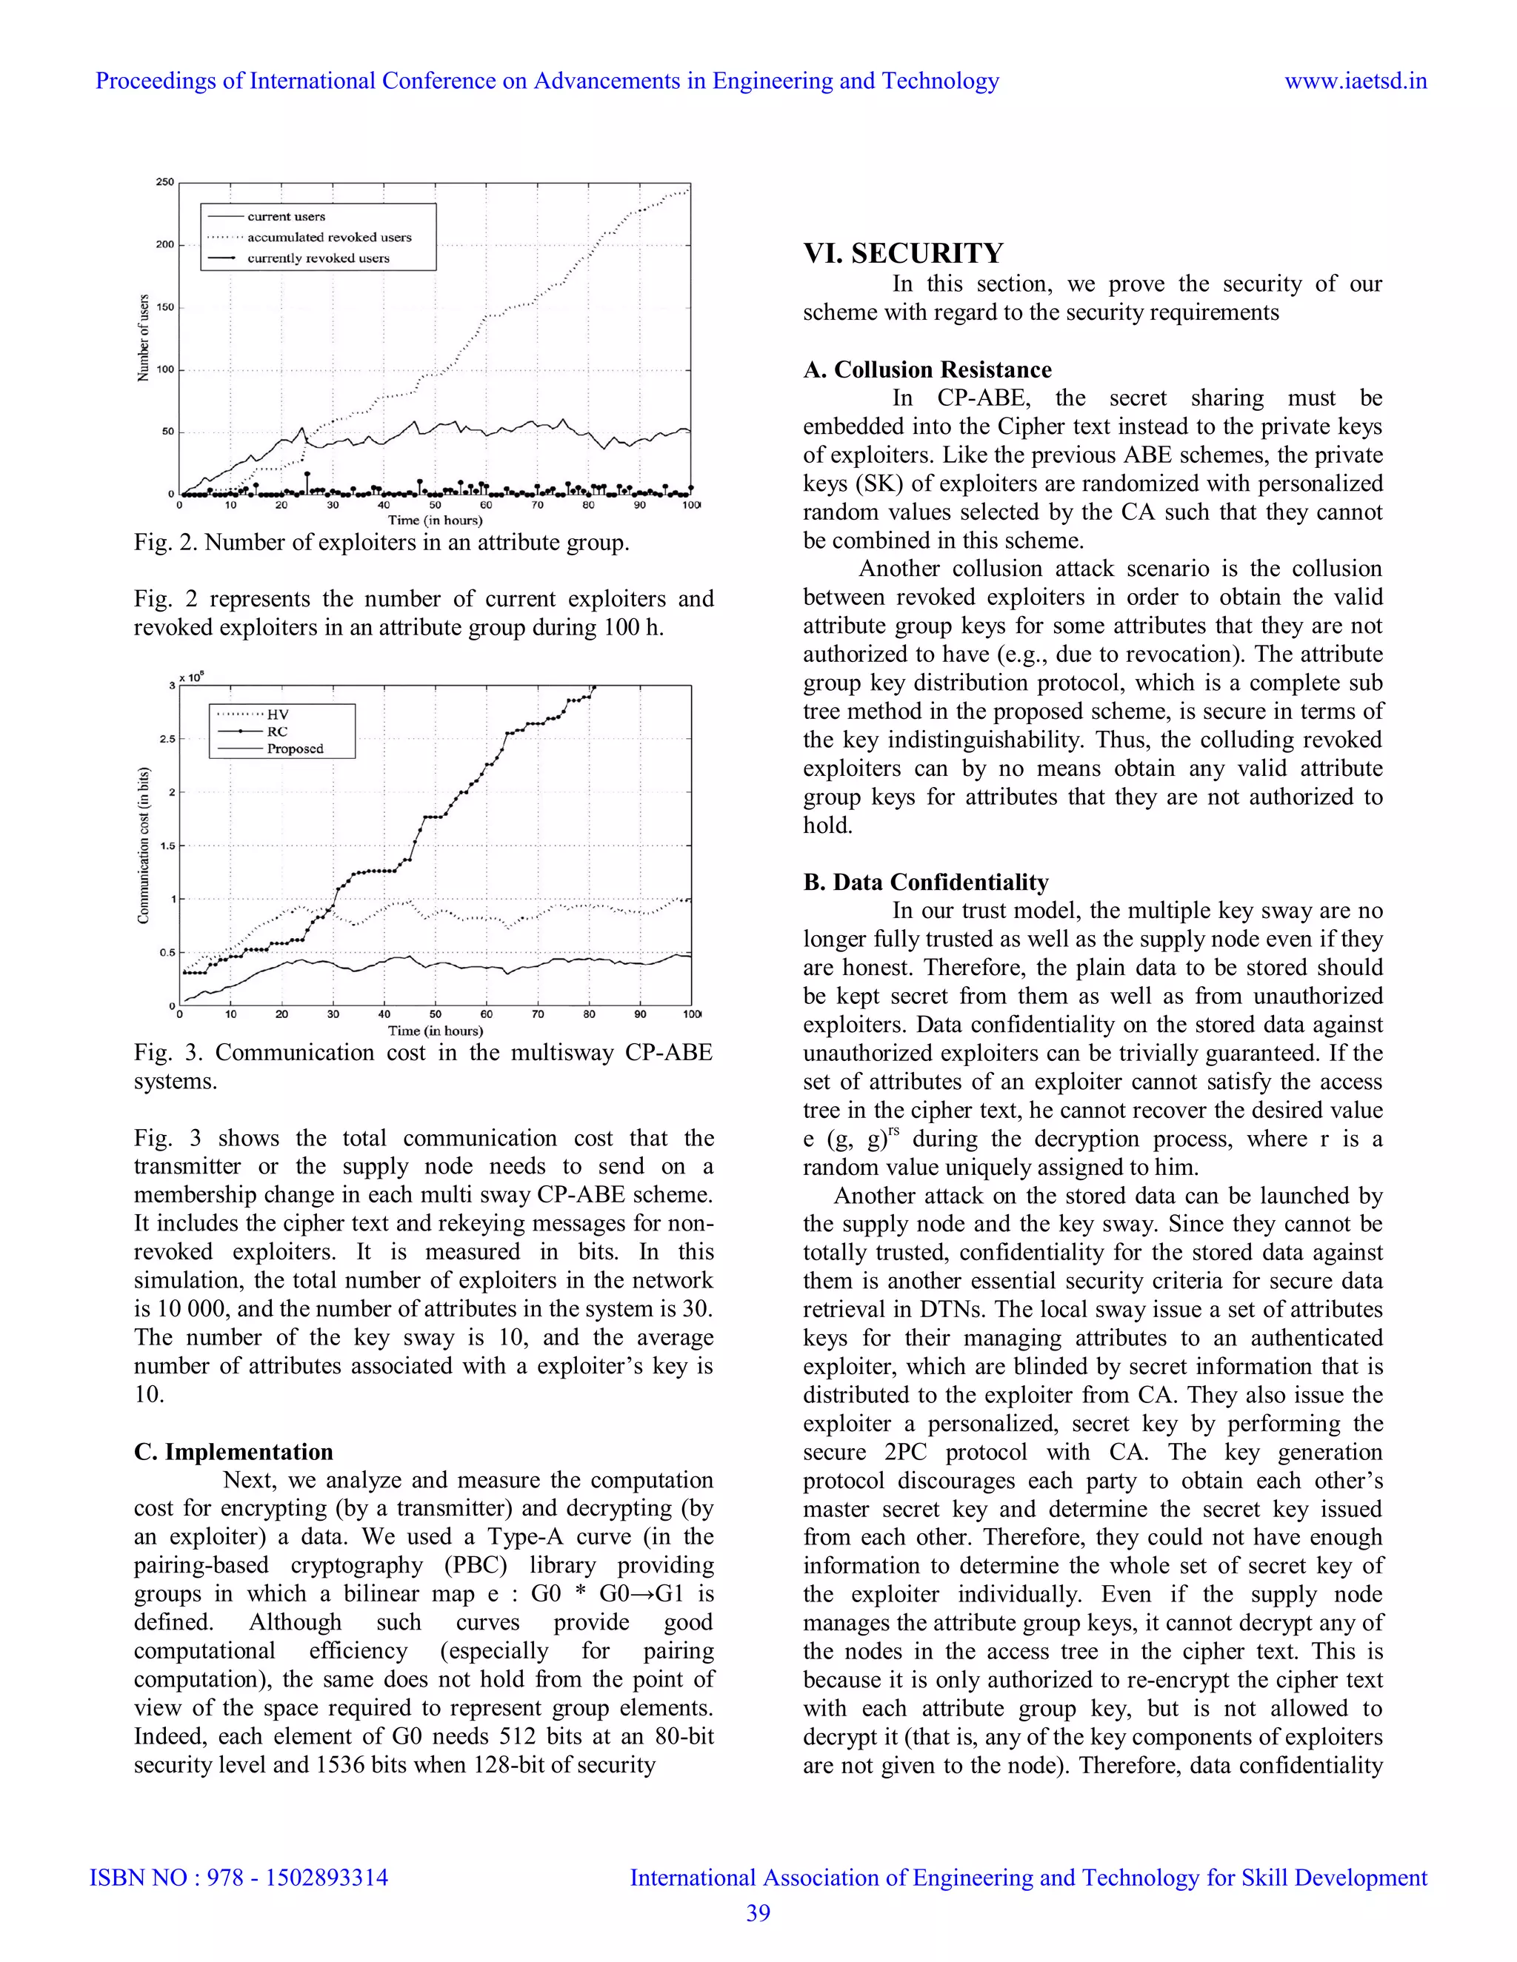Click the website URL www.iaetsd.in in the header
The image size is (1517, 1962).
[x=1356, y=81]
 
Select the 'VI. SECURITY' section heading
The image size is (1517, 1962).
[x=903, y=253]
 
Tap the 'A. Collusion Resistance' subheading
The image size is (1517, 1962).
[x=927, y=369]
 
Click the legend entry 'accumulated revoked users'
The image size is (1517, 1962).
[x=329, y=237]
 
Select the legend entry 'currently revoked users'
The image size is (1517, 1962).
[x=318, y=258]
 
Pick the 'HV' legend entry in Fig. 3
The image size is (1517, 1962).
[x=277, y=714]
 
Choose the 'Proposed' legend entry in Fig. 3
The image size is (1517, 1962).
[x=295, y=749]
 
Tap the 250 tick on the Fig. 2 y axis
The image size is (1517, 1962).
[x=164, y=182]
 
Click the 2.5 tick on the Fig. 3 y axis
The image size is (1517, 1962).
[x=167, y=740]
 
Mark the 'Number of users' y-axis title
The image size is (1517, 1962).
[x=143, y=338]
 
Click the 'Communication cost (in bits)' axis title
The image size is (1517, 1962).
[x=143, y=845]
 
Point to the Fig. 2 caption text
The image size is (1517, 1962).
[x=381, y=543]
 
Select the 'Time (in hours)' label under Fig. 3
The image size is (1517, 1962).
[x=435, y=1031]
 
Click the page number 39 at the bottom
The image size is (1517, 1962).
[x=758, y=1912]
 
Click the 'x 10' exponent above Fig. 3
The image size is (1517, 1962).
[x=191, y=677]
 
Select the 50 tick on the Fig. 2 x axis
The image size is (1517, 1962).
[x=435, y=506]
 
